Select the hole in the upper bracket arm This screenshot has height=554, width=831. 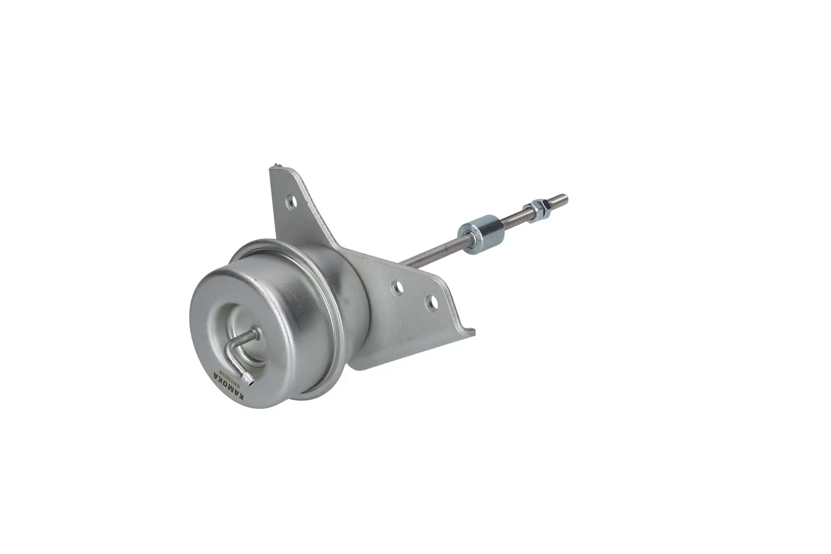290,201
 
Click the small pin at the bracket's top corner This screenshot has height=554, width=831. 276,165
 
